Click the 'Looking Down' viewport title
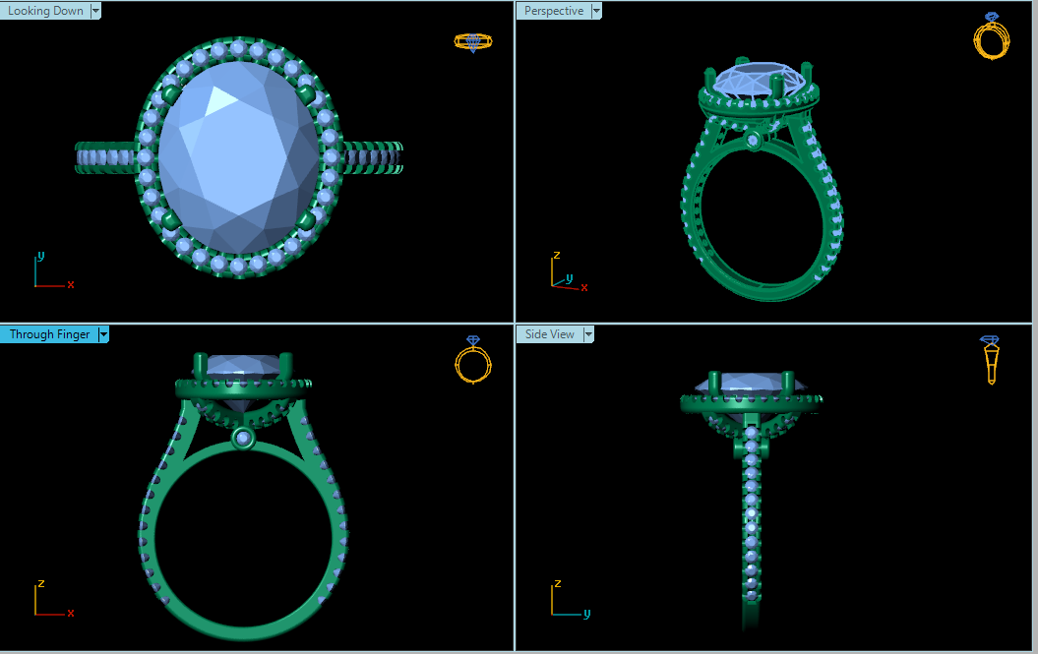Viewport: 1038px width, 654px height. tap(45, 11)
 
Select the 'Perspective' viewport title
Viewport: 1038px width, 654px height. tap(553, 11)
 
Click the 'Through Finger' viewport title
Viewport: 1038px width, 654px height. tap(49, 334)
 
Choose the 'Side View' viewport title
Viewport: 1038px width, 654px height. tap(549, 334)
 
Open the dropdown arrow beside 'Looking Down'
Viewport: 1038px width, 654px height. tap(95, 11)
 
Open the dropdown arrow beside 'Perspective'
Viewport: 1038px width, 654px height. tap(595, 11)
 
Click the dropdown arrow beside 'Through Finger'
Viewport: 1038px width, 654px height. tap(103, 334)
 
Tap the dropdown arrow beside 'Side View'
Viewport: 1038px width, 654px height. tap(588, 334)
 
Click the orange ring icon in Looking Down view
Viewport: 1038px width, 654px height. tap(472, 41)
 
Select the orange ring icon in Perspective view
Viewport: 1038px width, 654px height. tap(991, 36)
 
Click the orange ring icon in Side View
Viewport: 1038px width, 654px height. tap(991, 360)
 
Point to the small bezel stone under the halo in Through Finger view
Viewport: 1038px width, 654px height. tap(242, 438)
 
